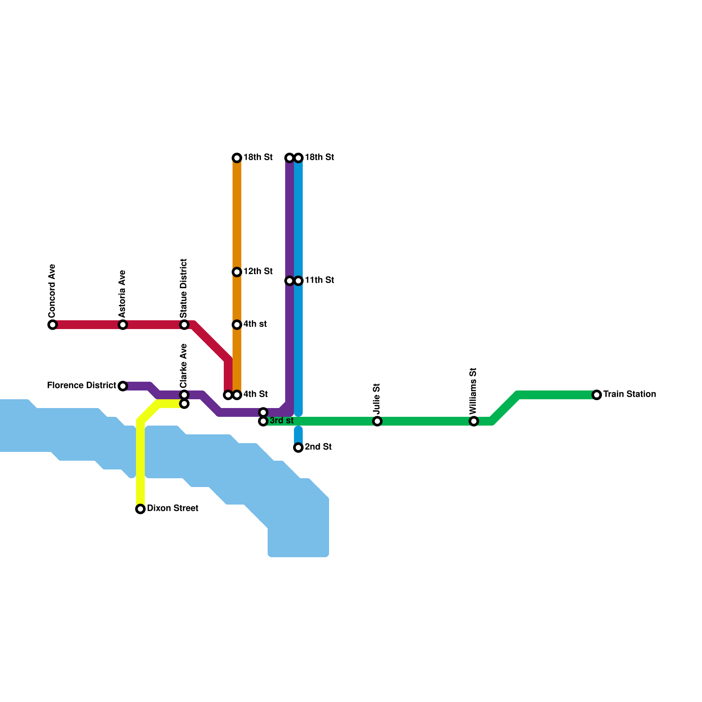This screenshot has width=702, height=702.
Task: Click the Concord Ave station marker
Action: coord(53,325)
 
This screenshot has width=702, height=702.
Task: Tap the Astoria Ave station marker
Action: coord(123,325)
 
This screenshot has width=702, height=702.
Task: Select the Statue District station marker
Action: coord(184,325)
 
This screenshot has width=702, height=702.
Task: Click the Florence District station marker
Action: coord(123,386)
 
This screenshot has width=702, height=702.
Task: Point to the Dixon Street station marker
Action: coord(140,509)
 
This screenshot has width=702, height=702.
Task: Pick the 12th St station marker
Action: coord(237,272)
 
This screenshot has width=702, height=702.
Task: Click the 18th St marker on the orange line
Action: coord(237,158)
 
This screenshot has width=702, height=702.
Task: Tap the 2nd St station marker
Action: coord(298,448)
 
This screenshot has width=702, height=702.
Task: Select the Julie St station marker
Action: coord(377,421)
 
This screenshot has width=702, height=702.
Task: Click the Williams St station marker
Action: coord(474,421)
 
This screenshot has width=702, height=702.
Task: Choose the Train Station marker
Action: coord(597,395)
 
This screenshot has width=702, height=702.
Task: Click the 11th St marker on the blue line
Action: coord(298,281)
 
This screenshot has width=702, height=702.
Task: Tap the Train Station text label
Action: coord(630,394)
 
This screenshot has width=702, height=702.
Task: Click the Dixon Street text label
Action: coord(172,509)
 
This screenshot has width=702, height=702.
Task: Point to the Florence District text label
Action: coord(82,386)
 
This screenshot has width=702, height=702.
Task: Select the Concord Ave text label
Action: coord(53,291)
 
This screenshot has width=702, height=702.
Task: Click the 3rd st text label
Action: coord(281,421)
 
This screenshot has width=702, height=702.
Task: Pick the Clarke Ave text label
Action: coord(184,365)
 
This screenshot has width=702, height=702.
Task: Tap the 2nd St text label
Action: coord(318,447)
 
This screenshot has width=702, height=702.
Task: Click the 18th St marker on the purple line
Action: coord(290,158)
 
